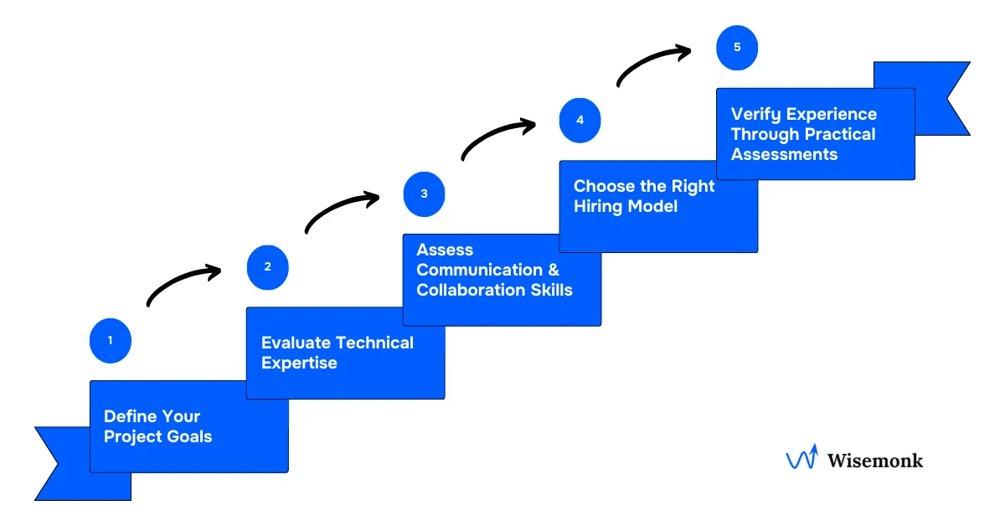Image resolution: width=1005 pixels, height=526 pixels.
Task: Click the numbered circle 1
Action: tap(110, 341)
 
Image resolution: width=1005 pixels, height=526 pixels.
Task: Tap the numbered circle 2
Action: tap(267, 267)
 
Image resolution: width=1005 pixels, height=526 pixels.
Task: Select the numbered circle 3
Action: tap(424, 193)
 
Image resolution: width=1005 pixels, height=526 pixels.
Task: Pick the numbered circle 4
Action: tap(580, 120)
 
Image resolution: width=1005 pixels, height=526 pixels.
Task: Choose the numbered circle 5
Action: tap(737, 47)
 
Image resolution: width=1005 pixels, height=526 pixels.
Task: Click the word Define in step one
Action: tap(129, 416)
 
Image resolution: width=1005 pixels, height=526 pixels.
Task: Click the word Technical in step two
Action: tap(374, 343)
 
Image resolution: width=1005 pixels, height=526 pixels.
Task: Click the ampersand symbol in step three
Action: tap(552, 270)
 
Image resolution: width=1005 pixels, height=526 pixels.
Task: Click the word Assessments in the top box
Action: tap(784, 154)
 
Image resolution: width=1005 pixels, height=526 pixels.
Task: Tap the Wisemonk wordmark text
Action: tap(874, 460)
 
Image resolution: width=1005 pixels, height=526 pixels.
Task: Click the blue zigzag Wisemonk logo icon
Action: tap(801, 458)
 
